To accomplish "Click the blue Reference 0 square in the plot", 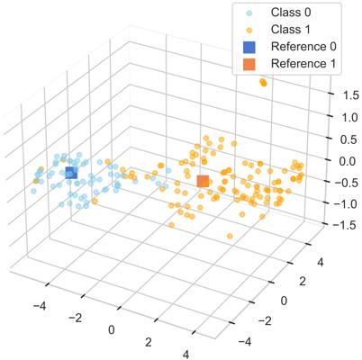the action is click(71, 173).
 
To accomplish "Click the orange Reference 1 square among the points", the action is click(203, 181).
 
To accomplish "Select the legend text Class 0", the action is click(291, 13).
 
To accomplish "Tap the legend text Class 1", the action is click(291, 30).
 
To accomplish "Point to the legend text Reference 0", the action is click(303, 47).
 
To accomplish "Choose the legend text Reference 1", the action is click(303, 64).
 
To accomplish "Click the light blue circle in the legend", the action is click(249, 13).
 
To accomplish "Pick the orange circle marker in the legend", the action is click(249, 31).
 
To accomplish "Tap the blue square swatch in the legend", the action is click(249, 47).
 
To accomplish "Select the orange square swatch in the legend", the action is click(249, 64).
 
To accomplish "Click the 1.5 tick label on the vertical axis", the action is click(350, 95).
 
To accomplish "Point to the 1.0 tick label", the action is click(350, 117).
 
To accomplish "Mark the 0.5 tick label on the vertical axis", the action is click(350, 139).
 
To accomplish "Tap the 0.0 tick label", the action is click(350, 161).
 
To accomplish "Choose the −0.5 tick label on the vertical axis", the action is click(346, 183).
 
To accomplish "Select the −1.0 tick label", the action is click(346, 204).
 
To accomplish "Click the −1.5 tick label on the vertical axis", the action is click(346, 225).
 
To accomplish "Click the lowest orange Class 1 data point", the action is click(230, 236).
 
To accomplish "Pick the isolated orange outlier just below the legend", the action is click(263, 83).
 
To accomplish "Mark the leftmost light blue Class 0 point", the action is click(33, 191).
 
